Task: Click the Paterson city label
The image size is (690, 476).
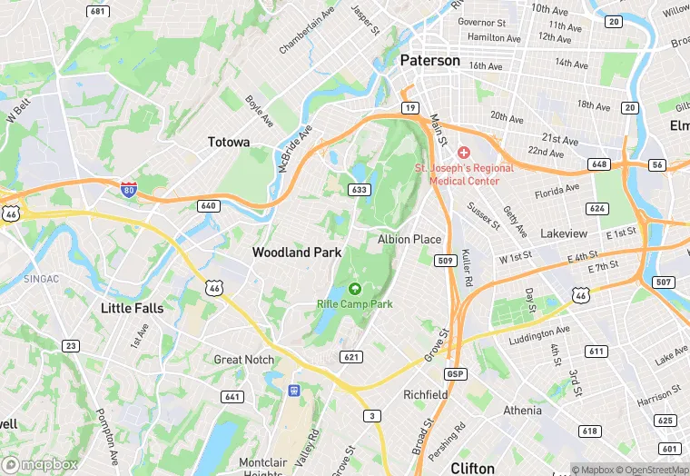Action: [x=430, y=61]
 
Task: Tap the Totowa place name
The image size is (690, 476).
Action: [x=229, y=143]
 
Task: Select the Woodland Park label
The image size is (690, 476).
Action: [x=297, y=252]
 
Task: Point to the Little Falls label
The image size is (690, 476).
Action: [x=133, y=308]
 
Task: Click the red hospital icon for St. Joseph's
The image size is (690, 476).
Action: [x=464, y=153]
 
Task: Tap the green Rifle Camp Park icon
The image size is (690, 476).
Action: [x=354, y=288]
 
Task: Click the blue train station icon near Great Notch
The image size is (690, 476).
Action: [x=293, y=390]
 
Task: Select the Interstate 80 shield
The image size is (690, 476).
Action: [x=130, y=189]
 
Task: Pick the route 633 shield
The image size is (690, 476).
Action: [x=358, y=189]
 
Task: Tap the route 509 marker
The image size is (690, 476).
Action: [x=445, y=261]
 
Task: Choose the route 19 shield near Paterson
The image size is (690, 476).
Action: [x=410, y=108]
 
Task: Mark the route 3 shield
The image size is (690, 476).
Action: [x=372, y=415]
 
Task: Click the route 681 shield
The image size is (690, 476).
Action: [x=97, y=11]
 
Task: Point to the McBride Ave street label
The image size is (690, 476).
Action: [x=295, y=148]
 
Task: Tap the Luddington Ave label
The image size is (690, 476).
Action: [x=540, y=335]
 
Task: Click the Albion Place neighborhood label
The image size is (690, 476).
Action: [x=409, y=240]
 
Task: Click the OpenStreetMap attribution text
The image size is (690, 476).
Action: [x=647, y=470]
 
